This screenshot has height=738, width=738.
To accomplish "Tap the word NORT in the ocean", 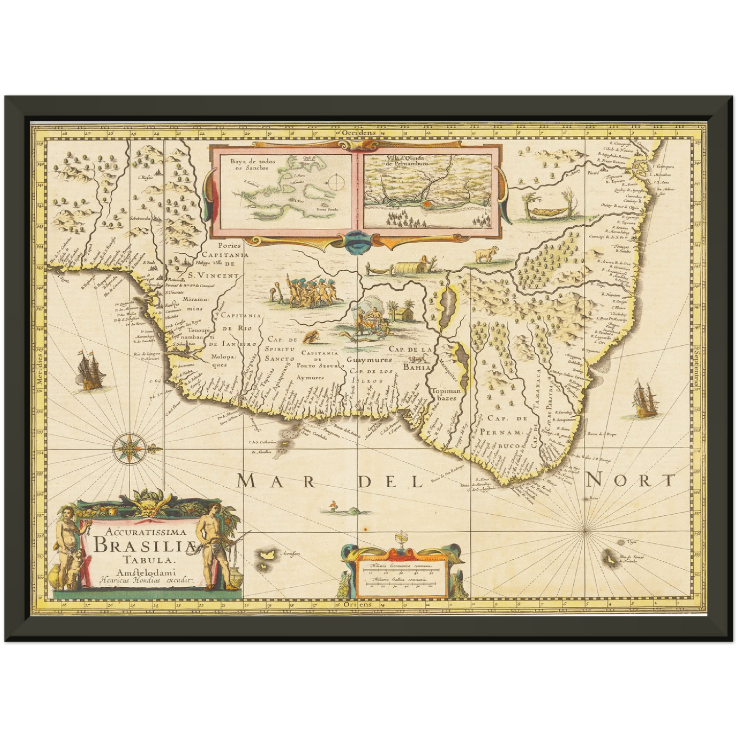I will click(630, 480).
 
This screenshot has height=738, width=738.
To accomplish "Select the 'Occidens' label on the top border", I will click(359, 132).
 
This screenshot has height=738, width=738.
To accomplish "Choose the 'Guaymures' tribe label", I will click(367, 360).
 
